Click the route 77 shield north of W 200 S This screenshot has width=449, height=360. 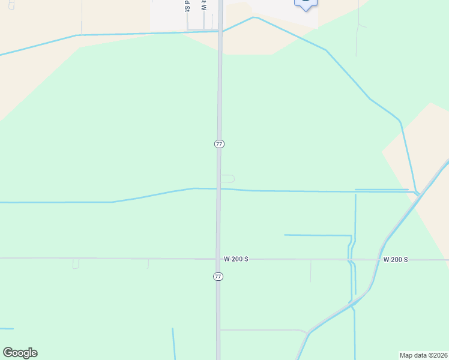click(219, 144)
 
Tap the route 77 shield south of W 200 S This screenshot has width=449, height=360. click(218, 276)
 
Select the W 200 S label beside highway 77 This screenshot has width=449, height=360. click(236, 259)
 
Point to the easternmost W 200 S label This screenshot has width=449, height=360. click(396, 259)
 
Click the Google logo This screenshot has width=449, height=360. click(20, 353)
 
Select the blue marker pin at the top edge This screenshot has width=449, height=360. click(306, 4)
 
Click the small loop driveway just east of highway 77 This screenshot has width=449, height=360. click(228, 178)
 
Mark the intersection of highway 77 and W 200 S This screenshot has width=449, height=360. click(218, 259)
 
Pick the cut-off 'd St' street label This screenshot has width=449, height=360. click(187, 5)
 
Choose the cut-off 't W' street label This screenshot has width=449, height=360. click(203, 5)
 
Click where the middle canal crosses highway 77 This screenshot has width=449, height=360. click(219, 189)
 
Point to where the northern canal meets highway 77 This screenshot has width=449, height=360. click(220, 31)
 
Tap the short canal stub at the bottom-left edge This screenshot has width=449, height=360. click(6, 329)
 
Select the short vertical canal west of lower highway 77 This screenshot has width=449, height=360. click(173, 343)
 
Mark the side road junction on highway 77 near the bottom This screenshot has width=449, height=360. click(218, 330)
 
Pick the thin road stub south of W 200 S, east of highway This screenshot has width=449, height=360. click(310, 271)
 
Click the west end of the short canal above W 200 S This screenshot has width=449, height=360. click(285, 235)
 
